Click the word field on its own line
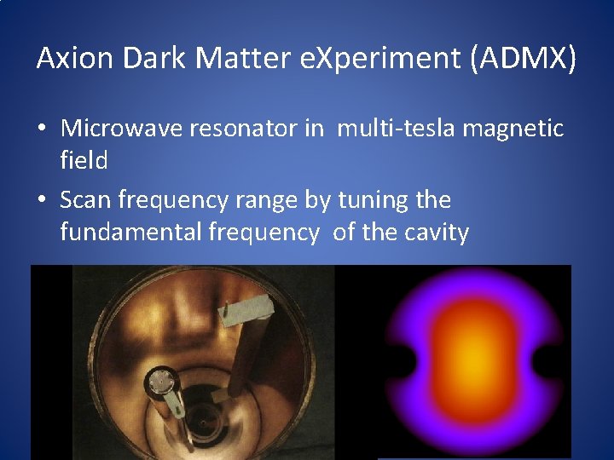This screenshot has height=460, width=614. click(84, 160)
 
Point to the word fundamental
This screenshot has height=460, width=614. click(130, 232)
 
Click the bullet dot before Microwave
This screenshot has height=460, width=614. click(42, 130)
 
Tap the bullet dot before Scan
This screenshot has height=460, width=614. click(42, 202)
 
